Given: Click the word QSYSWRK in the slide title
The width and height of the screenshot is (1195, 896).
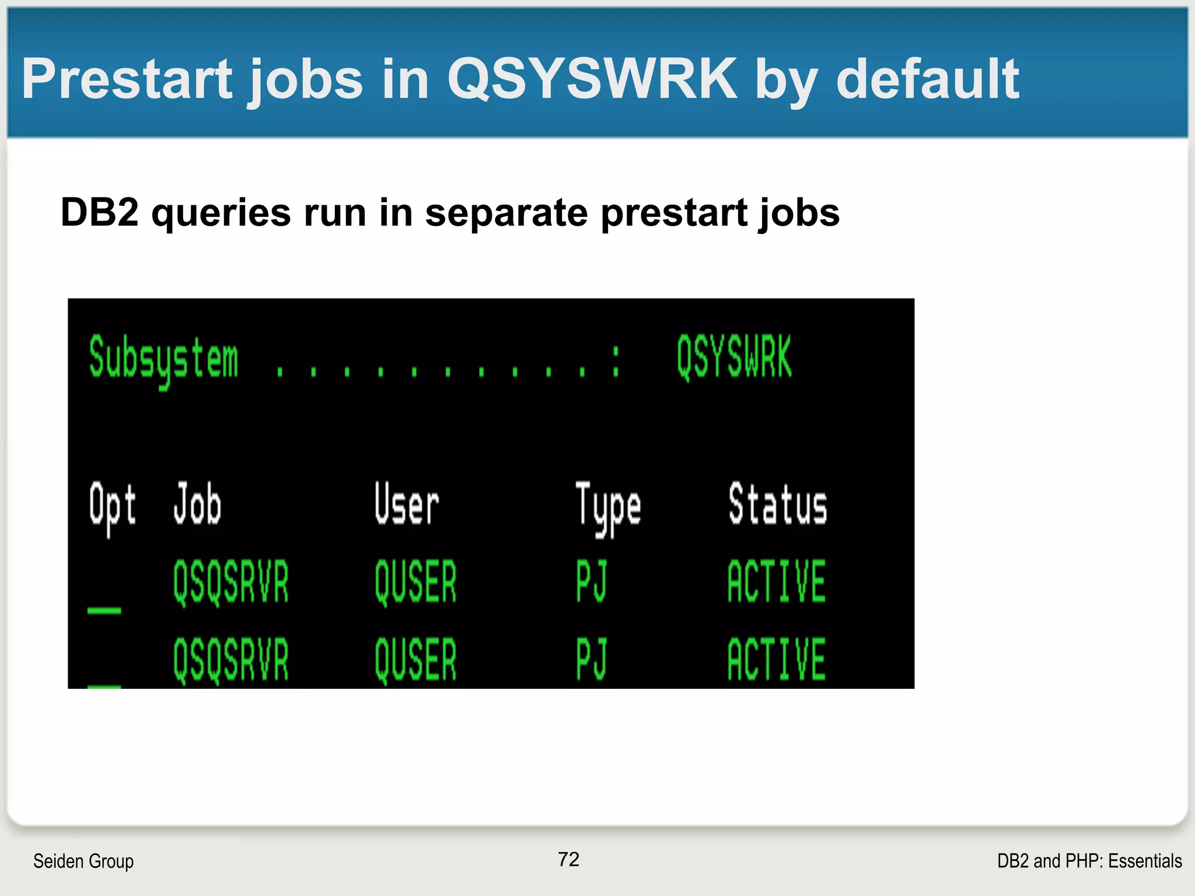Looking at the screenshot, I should point(592,79).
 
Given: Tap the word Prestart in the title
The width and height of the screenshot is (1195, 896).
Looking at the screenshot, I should point(127,79).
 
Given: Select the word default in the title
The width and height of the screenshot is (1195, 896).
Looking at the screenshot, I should point(927,79).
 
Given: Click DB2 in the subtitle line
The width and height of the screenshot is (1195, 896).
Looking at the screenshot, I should point(99,212).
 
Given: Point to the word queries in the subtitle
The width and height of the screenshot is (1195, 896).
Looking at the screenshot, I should point(221,212).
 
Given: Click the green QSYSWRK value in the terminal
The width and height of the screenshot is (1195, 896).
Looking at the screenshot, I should point(734,357).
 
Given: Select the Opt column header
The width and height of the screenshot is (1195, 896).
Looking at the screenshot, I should point(113,505).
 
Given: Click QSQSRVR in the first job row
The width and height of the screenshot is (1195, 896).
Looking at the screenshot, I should point(231,582).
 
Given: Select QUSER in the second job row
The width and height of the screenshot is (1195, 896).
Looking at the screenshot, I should point(415,659).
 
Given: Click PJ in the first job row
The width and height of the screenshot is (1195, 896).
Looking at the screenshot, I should point(592,581).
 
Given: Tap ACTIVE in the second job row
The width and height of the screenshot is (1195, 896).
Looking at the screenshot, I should point(777,659).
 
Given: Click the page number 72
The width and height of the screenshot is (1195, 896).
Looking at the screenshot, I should point(568,859).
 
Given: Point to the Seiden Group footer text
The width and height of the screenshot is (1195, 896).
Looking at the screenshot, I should point(83,861).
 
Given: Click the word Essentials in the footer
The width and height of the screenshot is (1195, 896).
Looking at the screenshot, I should point(1145,861).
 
